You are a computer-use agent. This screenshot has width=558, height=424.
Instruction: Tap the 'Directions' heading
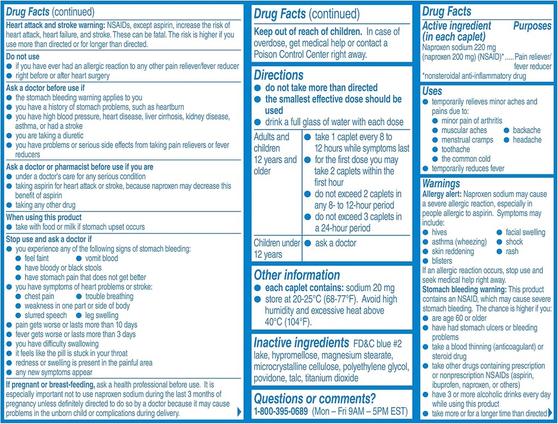(278, 75)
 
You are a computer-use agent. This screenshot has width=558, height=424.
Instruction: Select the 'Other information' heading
(296, 275)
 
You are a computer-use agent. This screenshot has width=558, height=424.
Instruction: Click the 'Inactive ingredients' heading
(301, 343)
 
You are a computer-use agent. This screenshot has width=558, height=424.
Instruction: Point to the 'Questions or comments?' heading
(306, 398)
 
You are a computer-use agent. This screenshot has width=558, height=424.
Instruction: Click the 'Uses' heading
(432, 91)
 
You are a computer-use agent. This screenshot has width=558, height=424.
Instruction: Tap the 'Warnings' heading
(441, 184)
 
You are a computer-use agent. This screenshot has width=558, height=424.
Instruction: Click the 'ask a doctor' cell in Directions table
(335, 243)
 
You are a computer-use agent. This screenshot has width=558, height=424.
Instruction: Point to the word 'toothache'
(456, 149)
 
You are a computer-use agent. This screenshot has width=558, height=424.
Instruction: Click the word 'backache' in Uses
(526, 130)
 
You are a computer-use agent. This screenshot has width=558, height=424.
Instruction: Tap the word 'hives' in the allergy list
(439, 232)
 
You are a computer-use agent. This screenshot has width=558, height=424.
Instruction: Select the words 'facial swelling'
(525, 232)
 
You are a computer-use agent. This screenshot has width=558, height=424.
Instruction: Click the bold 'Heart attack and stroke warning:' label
(56, 26)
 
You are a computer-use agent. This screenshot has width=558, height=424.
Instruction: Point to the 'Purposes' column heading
(532, 26)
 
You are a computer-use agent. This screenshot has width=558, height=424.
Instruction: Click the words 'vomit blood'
(101, 258)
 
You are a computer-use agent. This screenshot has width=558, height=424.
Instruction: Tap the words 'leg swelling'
(101, 316)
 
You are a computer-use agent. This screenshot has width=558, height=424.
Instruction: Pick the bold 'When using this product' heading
(44, 217)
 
